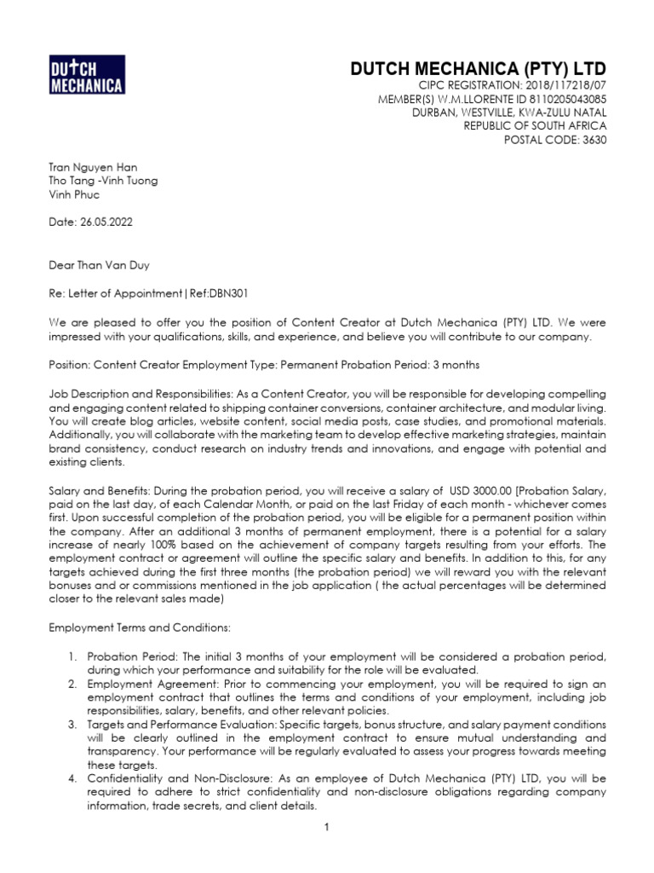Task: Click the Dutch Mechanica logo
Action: (x=87, y=74)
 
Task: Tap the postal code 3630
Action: (x=592, y=140)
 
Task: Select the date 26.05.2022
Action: (x=104, y=222)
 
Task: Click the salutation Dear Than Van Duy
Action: (x=100, y=265)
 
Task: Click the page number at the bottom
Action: (x=326, y=827)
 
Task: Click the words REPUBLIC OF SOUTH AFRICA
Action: (x=535, y=126)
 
